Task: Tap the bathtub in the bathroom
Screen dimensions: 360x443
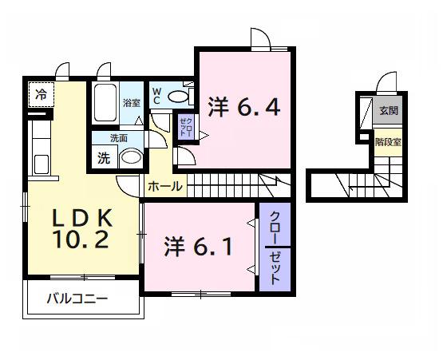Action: click(104, 103)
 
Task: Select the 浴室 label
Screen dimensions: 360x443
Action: click(132, 102)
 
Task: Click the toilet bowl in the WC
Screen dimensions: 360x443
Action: click(180, 97)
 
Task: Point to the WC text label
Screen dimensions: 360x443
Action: click(156, 96)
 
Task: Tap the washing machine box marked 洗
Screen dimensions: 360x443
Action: click(103, 157)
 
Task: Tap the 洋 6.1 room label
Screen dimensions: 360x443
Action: click(200, 246)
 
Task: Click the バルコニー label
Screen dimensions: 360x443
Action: click(77, 299)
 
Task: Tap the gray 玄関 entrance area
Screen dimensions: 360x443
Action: click(388, 111)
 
